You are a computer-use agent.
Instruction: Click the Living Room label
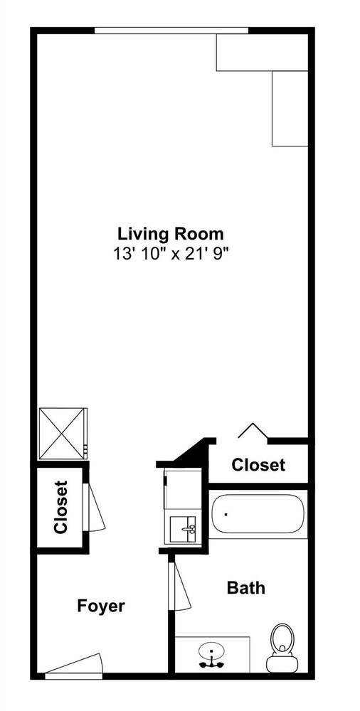pos(171,235)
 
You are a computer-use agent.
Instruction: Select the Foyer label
pos(101,606)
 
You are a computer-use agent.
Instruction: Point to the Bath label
pos(245,588)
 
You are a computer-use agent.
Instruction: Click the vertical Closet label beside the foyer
pos(60,507)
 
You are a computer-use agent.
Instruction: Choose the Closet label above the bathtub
pos(258,465)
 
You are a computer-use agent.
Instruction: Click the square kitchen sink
pos(183,529)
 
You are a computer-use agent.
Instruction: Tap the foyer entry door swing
pos(73,663)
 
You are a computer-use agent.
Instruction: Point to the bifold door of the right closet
pos(253,430)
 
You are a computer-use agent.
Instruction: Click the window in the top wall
pos(171,31)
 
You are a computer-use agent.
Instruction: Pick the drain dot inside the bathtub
pos(226,514)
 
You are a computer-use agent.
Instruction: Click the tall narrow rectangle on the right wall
pos(290,108)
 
